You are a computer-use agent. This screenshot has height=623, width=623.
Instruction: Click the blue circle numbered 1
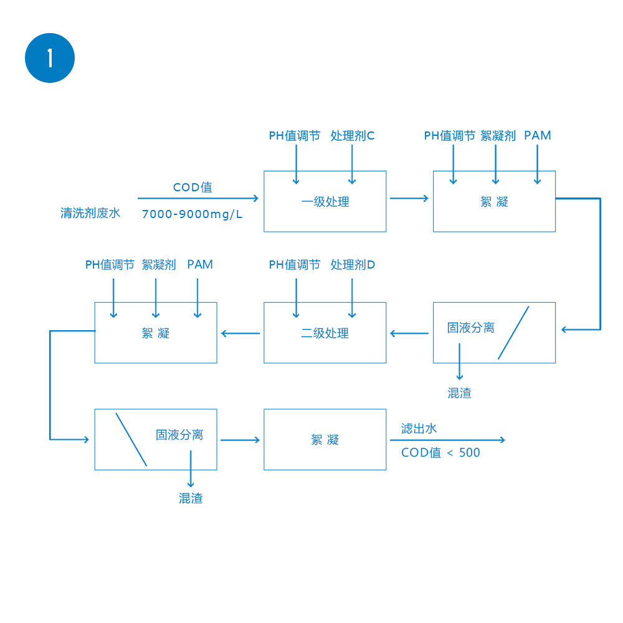tap(50, 58)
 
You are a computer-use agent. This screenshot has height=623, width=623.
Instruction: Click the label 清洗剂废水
tap(90, 213)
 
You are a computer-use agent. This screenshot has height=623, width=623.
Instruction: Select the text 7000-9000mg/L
tap(193, 214)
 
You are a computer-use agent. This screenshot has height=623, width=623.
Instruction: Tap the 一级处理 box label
tap(325, 202)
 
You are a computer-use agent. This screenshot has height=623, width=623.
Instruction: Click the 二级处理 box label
tap(325, 333)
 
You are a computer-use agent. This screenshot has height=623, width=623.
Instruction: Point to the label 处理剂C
tap(353, 136)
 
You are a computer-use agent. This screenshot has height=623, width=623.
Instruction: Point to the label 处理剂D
tap(353, 265)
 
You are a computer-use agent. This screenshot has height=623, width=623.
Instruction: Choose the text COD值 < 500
tap(440, 453)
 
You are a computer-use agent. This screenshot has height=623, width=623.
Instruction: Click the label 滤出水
tap(419, 429)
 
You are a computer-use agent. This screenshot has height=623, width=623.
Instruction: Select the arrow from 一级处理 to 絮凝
tap(409, 198)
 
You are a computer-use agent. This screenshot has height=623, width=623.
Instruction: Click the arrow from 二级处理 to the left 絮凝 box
tap(240, 333)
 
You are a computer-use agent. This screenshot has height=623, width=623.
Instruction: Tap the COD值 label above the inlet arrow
tap(193, 188)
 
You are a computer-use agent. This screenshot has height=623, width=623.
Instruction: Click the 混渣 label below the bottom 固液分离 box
tap(191, 498)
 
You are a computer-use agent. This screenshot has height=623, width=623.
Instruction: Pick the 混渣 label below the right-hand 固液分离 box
tap(459, 393)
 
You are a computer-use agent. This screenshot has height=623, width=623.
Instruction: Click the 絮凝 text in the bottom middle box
tap(325, 440)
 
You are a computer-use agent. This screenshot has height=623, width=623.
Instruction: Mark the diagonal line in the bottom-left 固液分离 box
tap(131, 439)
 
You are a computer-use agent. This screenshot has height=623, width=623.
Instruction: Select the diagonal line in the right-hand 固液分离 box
tap(513, 333)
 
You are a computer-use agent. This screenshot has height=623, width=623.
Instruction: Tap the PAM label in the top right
tap(538, 136)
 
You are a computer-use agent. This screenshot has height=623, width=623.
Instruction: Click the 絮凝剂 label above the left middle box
tap(159, 265)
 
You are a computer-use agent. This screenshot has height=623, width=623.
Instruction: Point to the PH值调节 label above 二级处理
tap(295, 265)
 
